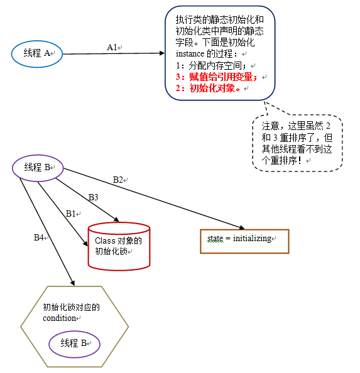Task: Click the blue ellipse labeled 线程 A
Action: (38, 54)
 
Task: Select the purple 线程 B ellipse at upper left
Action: (38, 168)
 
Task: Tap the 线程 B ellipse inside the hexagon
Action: (75, 343)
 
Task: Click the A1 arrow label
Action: (112, 47)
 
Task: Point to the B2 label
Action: (119, 180)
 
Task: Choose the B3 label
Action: (93, 197)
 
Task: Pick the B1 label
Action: (71, 214)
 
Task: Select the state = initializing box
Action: (244, 239)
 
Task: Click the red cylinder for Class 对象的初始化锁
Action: (119, 246)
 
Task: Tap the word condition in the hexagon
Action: (59, 318)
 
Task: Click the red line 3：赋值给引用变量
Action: (217, 77)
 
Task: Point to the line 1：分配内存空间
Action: (212, 65)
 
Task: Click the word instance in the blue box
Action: (190, 54)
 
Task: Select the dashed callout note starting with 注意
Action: (297, 143)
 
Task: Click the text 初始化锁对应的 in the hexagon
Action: (72, 307)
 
